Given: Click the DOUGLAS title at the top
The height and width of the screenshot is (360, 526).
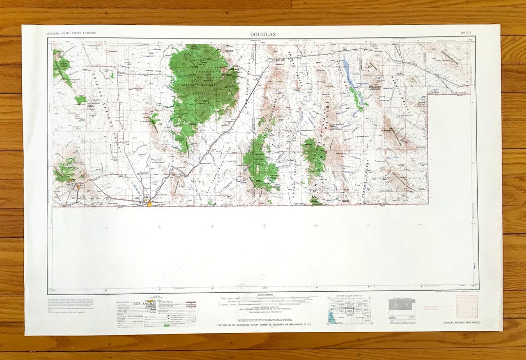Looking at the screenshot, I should [x=263, y=34].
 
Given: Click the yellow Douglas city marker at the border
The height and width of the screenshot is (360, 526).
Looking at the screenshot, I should [x=150, y=203].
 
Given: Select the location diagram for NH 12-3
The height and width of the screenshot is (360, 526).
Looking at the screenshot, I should [x=349, y=310].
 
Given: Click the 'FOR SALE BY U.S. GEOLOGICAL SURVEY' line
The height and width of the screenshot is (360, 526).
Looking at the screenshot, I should [x=263, y=324].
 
